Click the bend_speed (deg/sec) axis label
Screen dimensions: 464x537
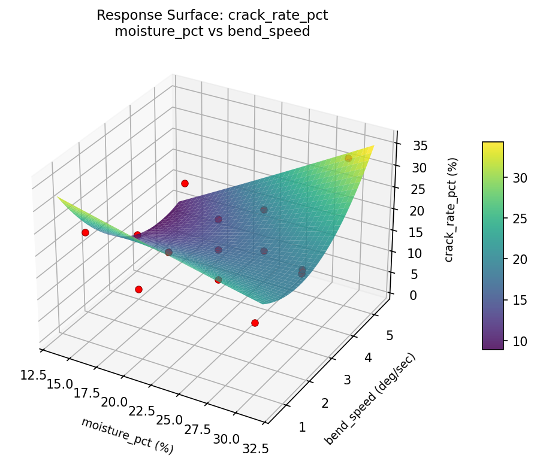coord(370,399)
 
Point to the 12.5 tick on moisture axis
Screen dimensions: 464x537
coord(32,375)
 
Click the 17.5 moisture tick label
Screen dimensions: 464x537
coord(87,393)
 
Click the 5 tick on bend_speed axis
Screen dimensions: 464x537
coord(390,336)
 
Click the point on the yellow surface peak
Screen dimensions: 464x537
coord(348,159)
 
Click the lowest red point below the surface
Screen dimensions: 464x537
coord(255,323)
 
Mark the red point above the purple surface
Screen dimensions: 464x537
coord(185,183)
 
